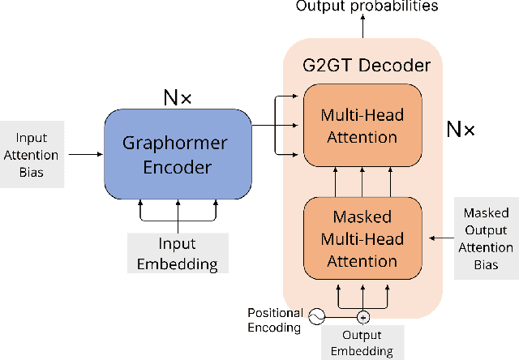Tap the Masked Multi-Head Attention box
(363, 239)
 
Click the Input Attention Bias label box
(30, 154)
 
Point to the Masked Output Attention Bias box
(487, 239)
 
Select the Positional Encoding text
(276, 320)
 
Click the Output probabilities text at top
(367, 6)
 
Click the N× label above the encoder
(178, 99)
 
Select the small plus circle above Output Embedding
(363, 317)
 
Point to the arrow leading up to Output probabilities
(363, 27)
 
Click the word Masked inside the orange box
(363, 216)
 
